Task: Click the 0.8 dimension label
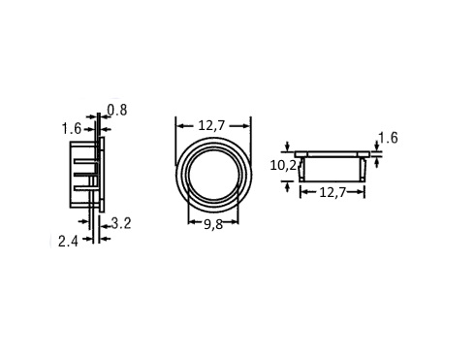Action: click(117, 111)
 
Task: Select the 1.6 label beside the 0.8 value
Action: click(72, 129)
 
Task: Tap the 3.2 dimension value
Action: click(121, 223)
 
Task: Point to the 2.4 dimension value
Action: click(68, 242)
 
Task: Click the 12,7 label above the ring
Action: click(211, 125)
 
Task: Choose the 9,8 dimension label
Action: click(213, 224)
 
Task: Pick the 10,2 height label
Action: click(283, 166)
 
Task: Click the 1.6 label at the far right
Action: click(388, 138)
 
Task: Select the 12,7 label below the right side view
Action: click(333, 193)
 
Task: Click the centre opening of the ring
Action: click(213, 175)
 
